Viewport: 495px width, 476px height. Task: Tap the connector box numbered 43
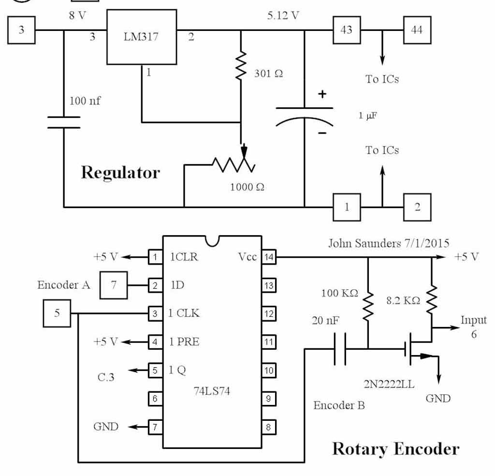tap(346, 30)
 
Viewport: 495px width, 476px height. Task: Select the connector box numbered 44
tap(417, 30)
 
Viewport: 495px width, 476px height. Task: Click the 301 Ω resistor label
tap(269, 74)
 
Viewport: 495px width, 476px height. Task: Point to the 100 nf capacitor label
tap(86, 101)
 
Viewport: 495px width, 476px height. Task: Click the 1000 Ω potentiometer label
tap(247, 187)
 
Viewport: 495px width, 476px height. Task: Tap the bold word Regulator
tap(120, 172)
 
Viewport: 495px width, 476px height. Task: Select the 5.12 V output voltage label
tap(283, 15)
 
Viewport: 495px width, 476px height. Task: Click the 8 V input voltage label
tap(77, 15)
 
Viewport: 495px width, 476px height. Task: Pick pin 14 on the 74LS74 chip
tap(268, 257)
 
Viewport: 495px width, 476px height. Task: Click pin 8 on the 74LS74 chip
tap(268, 427)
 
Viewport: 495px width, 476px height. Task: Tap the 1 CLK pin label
tap(184, 313)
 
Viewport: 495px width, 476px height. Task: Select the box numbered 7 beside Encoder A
tap(114, 285)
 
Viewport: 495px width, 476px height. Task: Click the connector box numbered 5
tap(57, 313)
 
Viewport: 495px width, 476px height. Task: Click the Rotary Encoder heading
tap(395, 448)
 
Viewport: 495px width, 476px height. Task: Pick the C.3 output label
tap(106, 377)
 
